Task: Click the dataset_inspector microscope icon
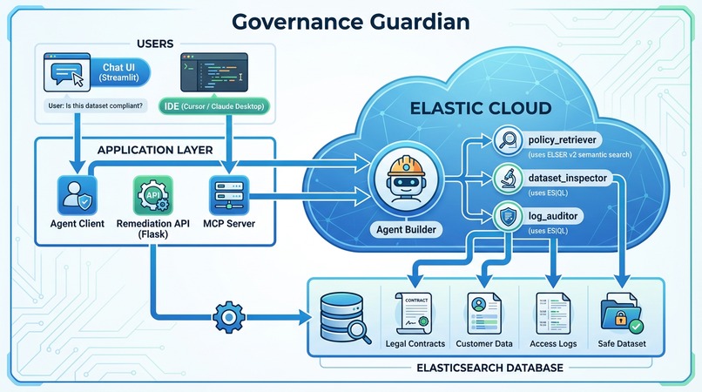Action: tap(507, 179)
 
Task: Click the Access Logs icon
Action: tap(554, 312)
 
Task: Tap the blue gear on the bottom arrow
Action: tap(228, 314)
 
